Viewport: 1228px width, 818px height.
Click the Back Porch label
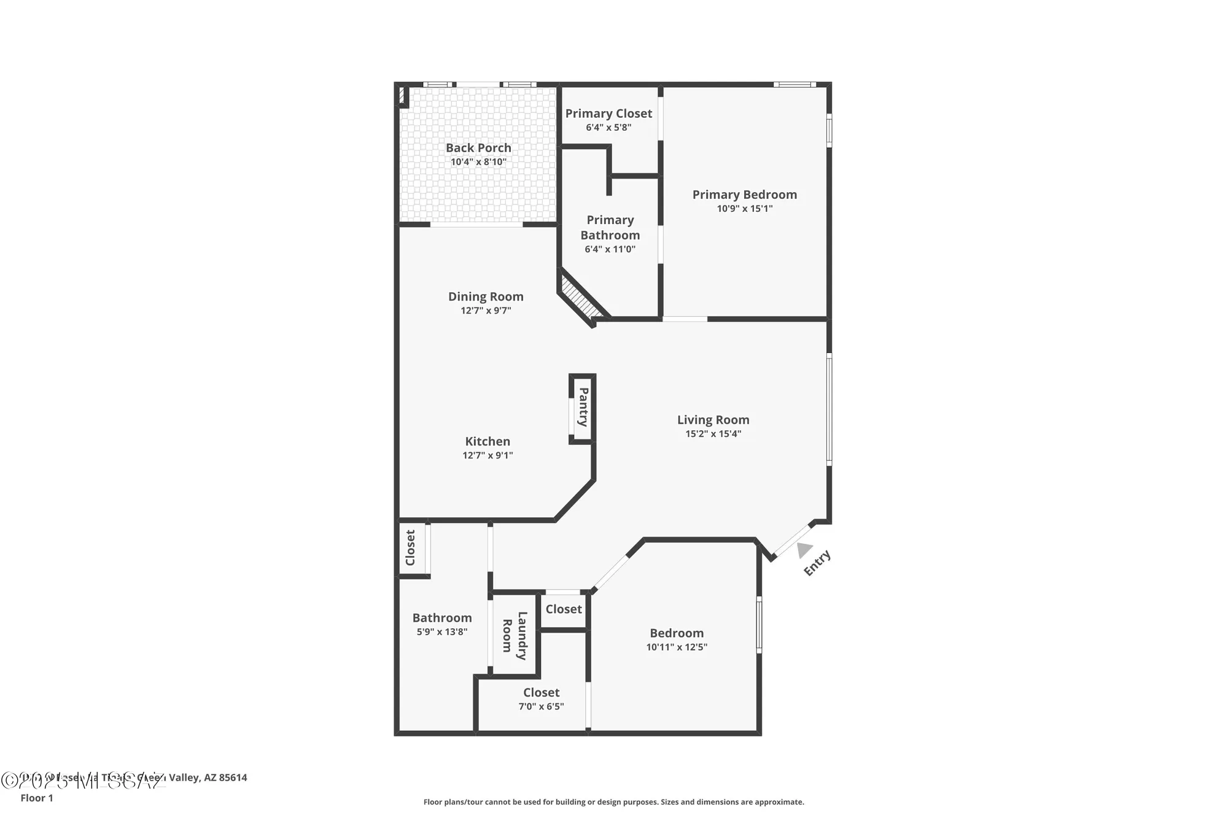pos(478,148)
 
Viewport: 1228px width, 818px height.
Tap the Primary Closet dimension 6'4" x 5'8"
pos(608,128)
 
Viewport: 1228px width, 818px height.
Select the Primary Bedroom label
pos(744,195)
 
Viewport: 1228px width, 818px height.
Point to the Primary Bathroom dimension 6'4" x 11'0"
pos(610,249)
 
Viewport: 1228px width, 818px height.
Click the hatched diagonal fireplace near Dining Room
pos(580,298)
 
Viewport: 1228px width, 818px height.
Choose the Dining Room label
pos(486,296)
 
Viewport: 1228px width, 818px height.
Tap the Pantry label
pos(583,407)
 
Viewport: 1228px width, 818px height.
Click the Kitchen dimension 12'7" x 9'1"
pos(488,455)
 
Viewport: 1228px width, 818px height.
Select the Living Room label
pos(713,420)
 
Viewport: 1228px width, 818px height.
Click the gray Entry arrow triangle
pos(804,550)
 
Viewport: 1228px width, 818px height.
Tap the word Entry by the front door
pos(817,563)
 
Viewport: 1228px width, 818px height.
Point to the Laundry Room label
pos(515,635)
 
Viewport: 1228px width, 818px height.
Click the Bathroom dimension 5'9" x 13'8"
pos(442,631)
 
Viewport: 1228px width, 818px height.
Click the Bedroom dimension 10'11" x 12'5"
pos(677,647)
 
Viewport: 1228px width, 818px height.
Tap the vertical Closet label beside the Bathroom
pos(410,547)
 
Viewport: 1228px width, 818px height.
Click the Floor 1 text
pos(37,798)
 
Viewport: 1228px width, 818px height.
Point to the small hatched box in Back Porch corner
pos(402,96)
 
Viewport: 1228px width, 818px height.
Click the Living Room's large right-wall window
pos(829,409)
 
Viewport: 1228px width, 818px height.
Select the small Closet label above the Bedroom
pos(563,609)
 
